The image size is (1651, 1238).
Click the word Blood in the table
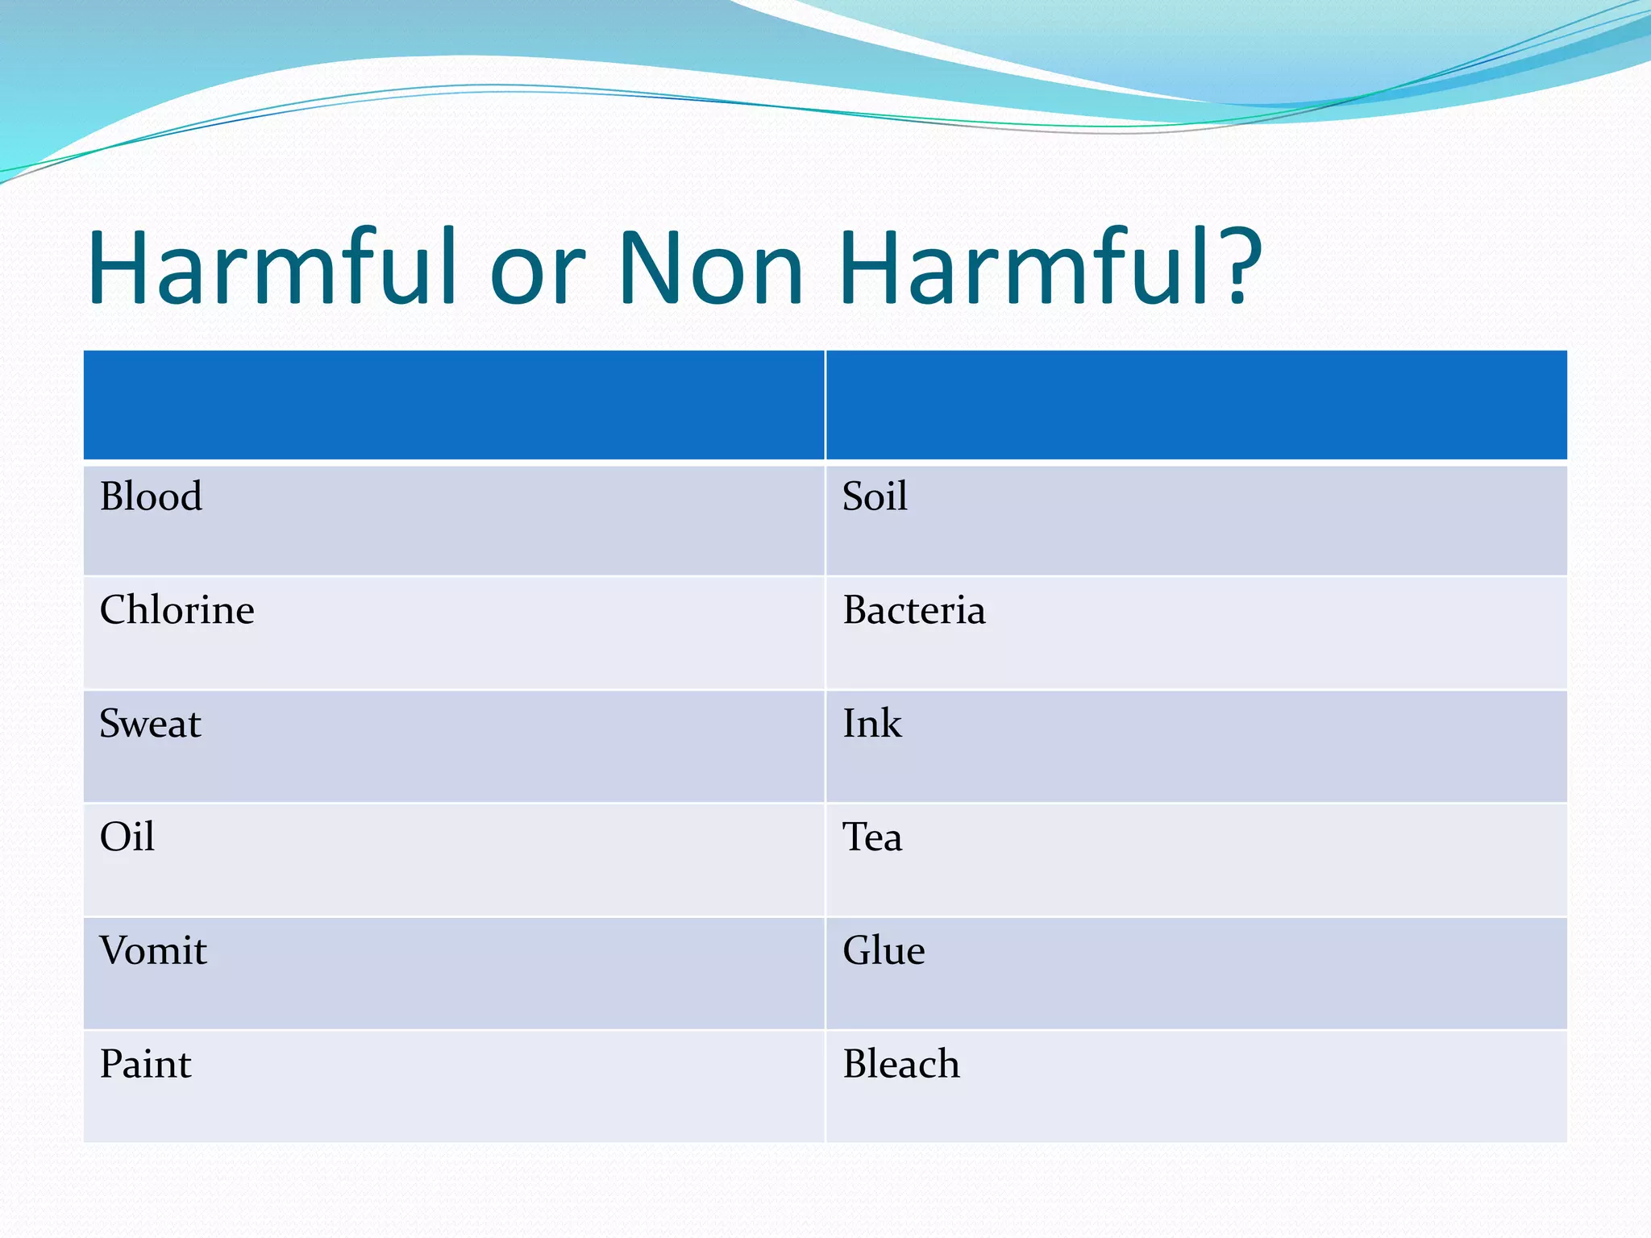click(151, 496)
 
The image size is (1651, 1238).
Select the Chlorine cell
click(177, 610)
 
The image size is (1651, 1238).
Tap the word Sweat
click(150, 724)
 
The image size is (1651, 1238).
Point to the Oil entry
click(127, 837)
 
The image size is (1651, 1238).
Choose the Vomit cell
click(153, 950)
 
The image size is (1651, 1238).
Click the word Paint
click(145, 1064)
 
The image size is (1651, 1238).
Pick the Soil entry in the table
click(875, 496)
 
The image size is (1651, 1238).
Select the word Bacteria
click(913, 610)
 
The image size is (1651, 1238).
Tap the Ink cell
click(871, 724)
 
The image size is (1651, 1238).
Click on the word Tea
click(872, 837)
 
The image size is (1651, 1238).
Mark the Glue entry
click(884, 950)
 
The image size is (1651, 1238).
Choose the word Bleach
click(901, 1064)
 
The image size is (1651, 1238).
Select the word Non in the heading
click(711, 268)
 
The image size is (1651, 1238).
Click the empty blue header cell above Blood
click(454, 405)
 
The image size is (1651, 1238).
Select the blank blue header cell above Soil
click(1196, 405)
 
